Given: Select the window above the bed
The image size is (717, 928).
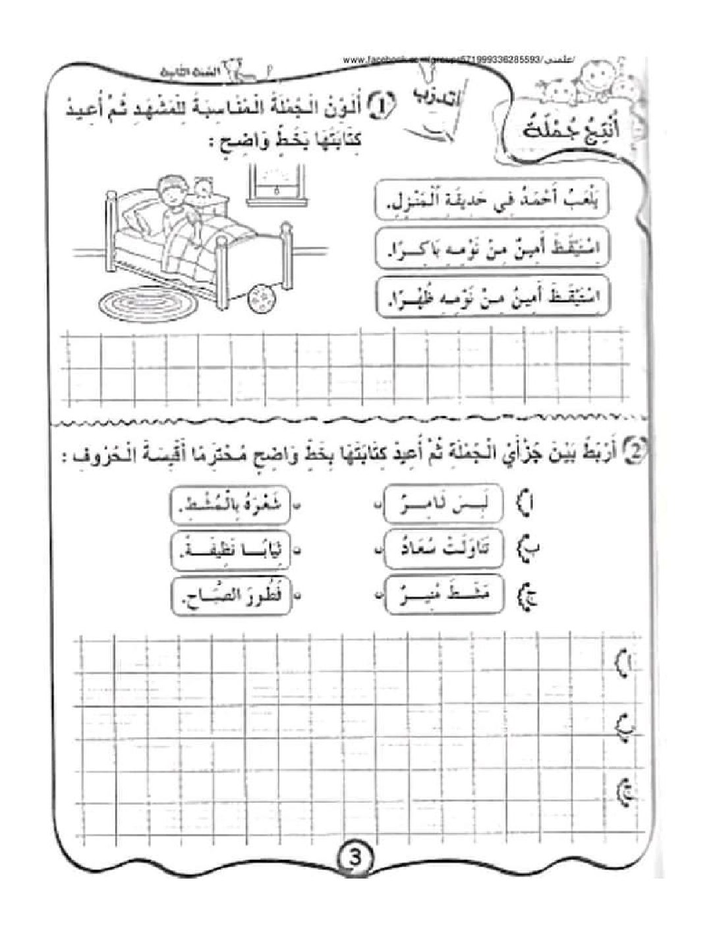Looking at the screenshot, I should coord(275,184).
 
